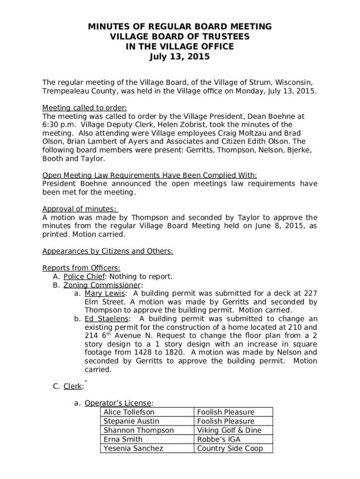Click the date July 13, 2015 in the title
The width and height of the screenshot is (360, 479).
coord(180,58)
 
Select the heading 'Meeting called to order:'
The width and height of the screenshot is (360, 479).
coord(85,107)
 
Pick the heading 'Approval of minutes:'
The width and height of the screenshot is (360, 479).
coord(79,209)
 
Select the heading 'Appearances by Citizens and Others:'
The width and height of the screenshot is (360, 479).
coord(108,251)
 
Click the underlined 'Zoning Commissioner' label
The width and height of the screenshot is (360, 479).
coord(102,285)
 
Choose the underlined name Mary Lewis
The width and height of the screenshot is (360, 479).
coord(104,293)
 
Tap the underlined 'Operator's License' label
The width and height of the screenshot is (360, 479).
coord(118,403)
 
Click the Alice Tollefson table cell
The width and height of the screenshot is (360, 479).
coord(129,412)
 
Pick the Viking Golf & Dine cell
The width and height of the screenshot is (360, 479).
coord(229,430)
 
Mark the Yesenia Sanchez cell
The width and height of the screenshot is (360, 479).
coord(133,448)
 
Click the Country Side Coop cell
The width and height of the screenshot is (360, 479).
coord(230,448)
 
